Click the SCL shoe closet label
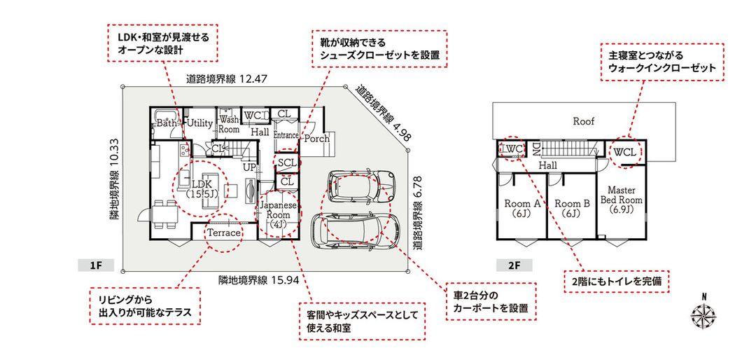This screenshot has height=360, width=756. pyautogui.click(x=286, y=162)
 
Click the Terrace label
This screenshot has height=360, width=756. pyautogui.click(x=223, y=233)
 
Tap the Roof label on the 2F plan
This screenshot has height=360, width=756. pyautogui.click(x=583, y=121)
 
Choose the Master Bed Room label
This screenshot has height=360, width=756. pyautogui.click(x=621, y=199)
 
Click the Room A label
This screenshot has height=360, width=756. pyautogui.click(x=522, y=208)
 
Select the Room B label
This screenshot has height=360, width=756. pyautogui.click(x=573, y=208)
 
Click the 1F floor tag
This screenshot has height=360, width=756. pyautogui.click(x=96, y=265)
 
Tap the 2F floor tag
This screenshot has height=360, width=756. pyautogui.click(x=513, y=265)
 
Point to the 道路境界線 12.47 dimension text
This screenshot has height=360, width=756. pyautogui.click(x=227, y=80)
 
